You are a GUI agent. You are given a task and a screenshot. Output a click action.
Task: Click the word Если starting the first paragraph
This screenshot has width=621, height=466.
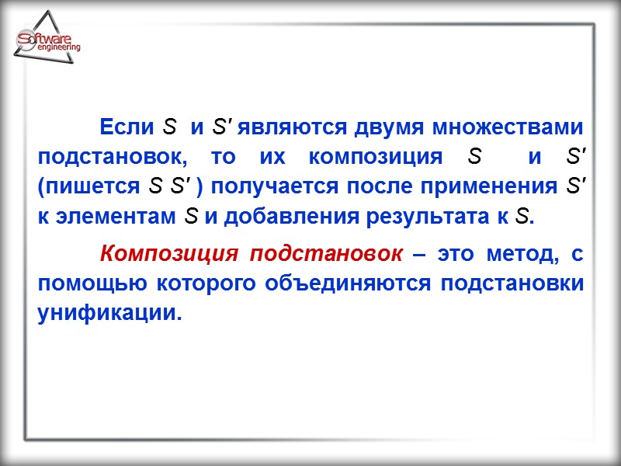[x=128, y=126]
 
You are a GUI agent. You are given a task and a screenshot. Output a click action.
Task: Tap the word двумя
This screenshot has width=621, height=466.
[x=390, y=126]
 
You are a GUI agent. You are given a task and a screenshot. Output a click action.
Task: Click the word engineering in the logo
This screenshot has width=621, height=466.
[x=59, y=48]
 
